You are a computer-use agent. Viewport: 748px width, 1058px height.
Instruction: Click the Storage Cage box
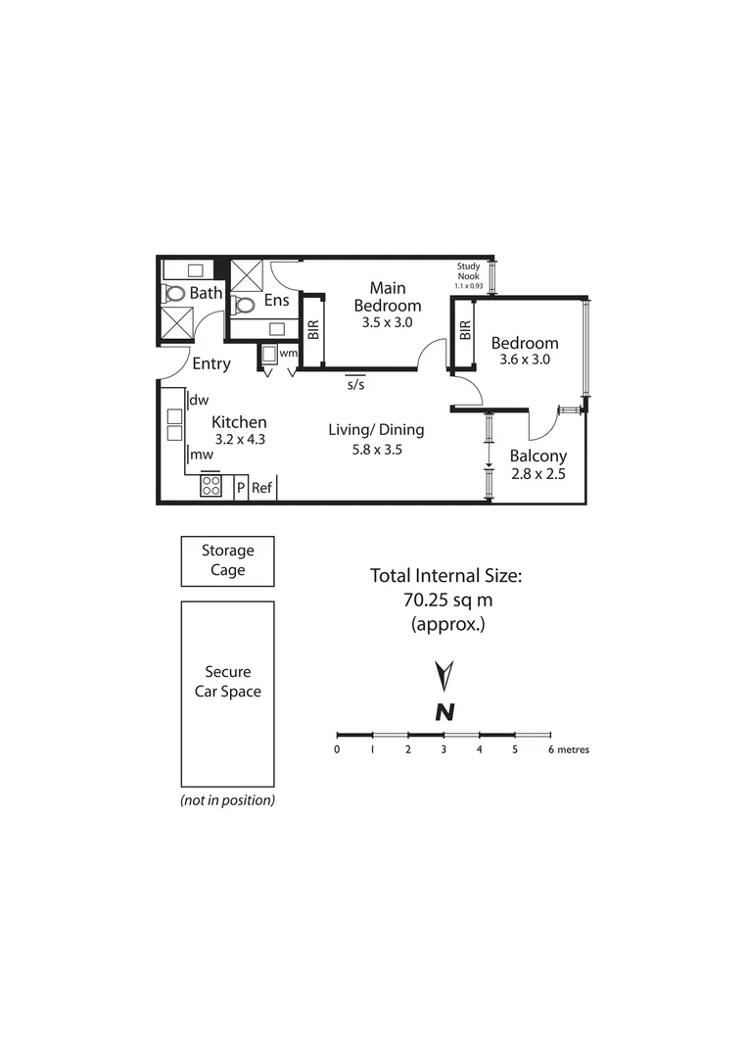click(227, 560)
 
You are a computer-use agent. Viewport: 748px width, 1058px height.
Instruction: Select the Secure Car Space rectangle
click(227, 694)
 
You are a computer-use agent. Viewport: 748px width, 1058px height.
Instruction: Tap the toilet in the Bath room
click(175, 293)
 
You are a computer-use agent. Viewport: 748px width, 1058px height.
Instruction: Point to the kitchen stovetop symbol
click(210, 486)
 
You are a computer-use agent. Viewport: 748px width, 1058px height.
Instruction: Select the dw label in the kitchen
click(200, 400)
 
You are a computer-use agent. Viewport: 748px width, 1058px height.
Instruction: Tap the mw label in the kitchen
click(202, 455)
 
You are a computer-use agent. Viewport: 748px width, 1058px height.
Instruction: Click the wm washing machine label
click(288, 353)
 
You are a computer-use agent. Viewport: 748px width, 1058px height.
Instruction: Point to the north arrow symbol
click(444, 676)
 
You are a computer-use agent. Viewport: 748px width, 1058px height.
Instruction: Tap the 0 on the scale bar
click(337, 750)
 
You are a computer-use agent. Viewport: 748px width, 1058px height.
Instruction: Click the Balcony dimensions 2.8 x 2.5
click(537, 474)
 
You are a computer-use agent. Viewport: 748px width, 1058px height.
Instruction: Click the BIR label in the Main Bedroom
click(313, 330)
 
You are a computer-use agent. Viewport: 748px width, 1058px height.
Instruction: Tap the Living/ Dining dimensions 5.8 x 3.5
click(377, 451)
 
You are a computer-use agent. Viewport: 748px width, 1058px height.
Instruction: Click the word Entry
click(211, 364)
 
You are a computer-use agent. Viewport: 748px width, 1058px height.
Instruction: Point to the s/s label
click(355, 385)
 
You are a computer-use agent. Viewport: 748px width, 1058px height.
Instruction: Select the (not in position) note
click(227, 800)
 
